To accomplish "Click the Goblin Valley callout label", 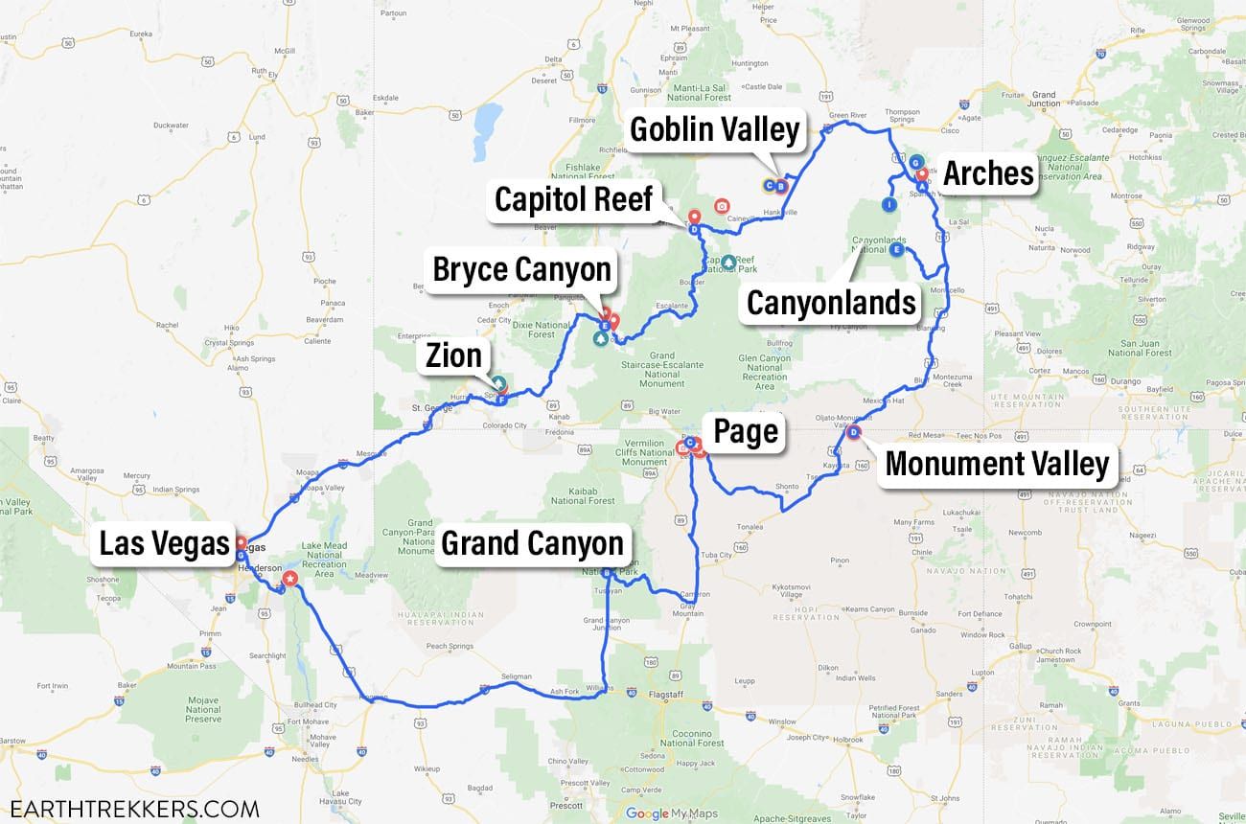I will (714, 129).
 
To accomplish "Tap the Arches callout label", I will (988, 173).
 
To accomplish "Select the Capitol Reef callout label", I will (573, 199).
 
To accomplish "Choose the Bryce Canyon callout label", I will (521, 269).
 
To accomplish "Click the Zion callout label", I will (453, 355).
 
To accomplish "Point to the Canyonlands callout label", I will (831, 303).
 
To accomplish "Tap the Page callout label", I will (746, 432).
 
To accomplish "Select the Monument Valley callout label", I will (997, 464).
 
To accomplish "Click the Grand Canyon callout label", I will (532, 543).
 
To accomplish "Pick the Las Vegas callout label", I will (165, 543).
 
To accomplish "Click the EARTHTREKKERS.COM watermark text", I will (130, 808).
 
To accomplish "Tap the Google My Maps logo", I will (670, 813).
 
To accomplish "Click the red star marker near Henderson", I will (290, 580).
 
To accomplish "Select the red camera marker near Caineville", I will (722, 206).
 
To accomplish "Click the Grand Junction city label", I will (1044, 100).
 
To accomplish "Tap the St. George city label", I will (429, 408).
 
